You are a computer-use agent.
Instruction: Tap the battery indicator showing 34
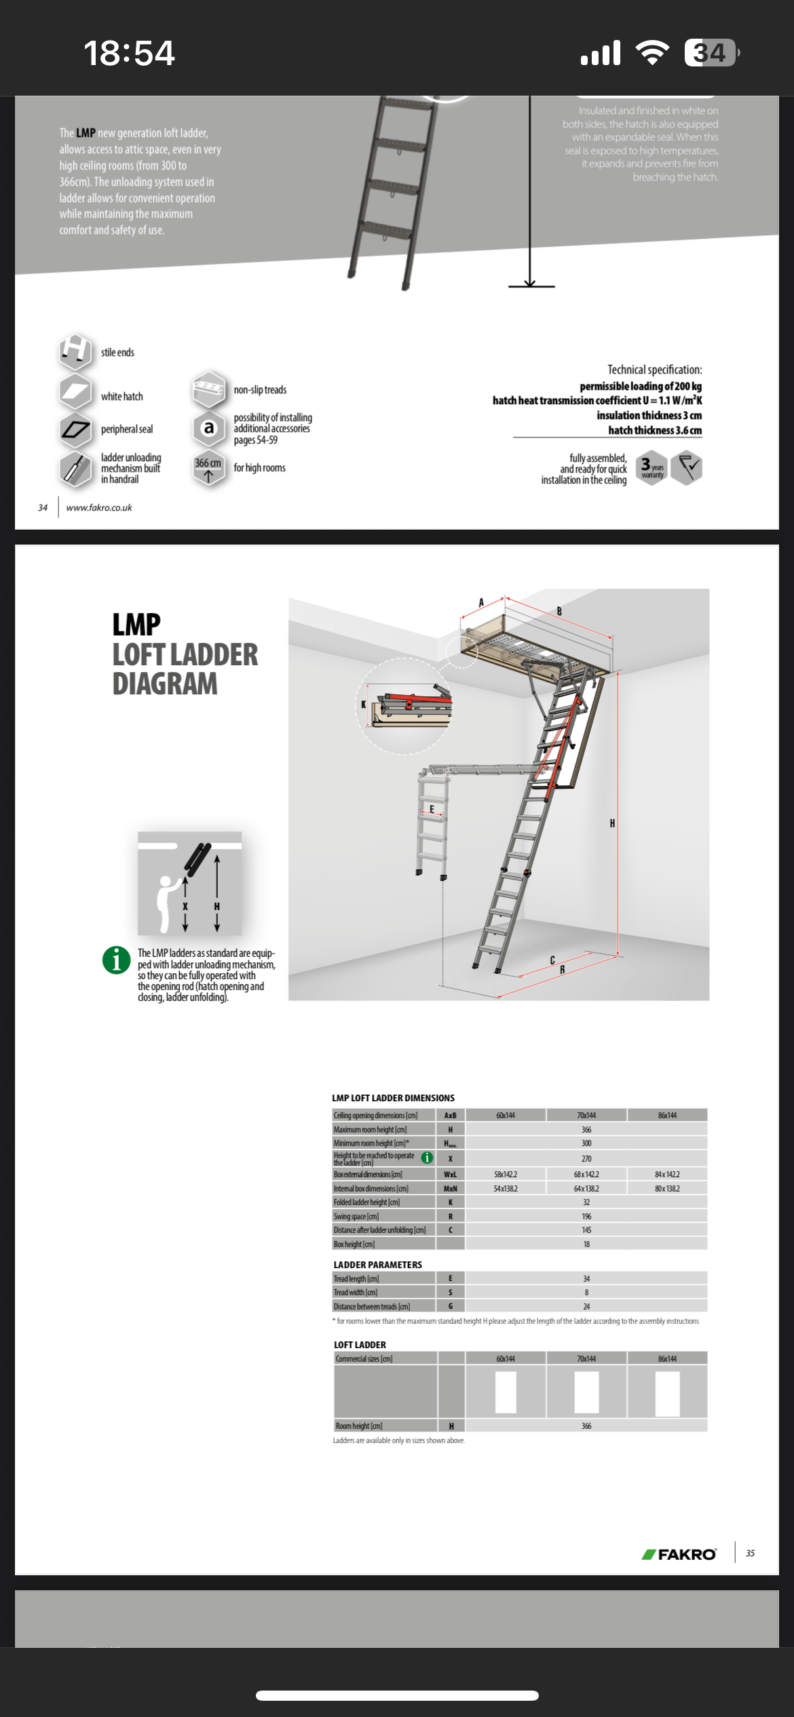tap(711, 53)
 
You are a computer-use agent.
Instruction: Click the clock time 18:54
tap(129, 53)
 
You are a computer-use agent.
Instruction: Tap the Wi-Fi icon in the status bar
tap(651, 53)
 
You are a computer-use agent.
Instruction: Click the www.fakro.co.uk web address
tap(99, 507)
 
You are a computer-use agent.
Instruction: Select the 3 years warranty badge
tap(651, 468)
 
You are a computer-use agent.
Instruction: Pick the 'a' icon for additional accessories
tap(209, 427)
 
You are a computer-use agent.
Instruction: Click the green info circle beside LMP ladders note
tap(116, 960)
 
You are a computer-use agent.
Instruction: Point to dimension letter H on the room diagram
tap(612, 823)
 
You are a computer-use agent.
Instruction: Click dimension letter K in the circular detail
tap(364, 705)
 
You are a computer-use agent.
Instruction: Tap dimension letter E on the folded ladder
tap(432, 809)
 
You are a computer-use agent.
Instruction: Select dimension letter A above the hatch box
tap(481, 602)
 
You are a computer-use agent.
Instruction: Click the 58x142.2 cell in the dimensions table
tap(506, 1174)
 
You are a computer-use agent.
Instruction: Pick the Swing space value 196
tap(586, 1216)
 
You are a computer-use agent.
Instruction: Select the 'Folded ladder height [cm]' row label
tap(366, 1202)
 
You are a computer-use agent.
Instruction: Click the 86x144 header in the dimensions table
tap(667, 1115)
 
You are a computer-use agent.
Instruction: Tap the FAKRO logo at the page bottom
tap(679, 1554)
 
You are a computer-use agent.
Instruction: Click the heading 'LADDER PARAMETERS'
tap(378, 1265)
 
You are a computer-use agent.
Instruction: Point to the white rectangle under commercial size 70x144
tap(586, 1392)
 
